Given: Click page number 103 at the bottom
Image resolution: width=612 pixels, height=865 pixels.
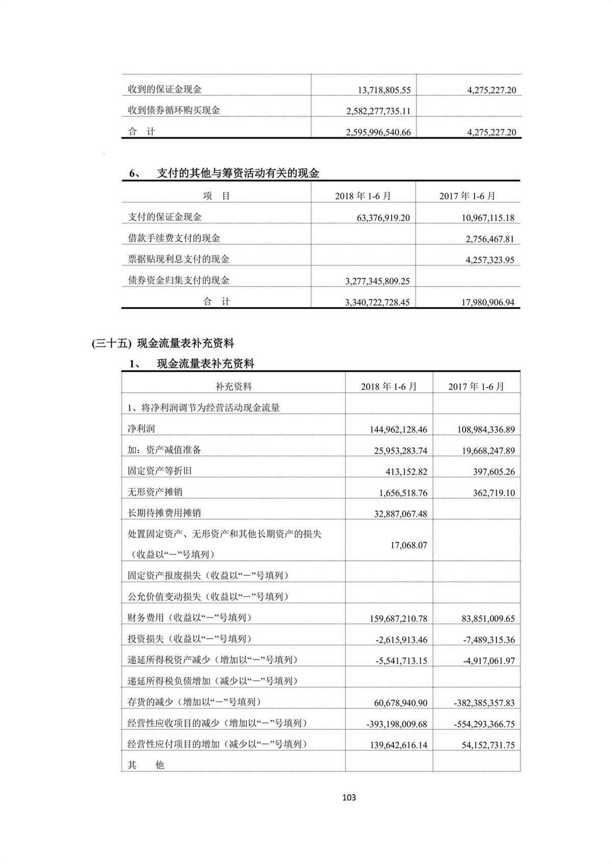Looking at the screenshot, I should (349, 797).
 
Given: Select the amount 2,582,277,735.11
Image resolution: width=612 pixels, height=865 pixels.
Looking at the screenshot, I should (378, 111).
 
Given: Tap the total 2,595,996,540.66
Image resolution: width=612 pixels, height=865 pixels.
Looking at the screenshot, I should (378, 133).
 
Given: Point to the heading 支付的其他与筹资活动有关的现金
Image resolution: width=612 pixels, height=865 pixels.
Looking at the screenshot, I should (238, 173).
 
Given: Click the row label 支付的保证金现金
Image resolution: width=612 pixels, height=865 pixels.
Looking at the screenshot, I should (165, 217).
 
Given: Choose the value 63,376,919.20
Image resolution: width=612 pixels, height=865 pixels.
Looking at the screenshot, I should (383, 218).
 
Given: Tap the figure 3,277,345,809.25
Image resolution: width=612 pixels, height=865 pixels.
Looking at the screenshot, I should (377, 282).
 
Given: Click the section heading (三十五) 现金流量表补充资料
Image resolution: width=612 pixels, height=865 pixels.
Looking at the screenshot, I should (163, 343).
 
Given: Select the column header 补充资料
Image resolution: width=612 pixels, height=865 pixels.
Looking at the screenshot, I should (234, 387).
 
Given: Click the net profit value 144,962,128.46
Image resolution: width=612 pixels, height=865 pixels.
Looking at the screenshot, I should (398, 429).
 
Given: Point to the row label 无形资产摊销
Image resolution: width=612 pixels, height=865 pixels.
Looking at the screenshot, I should (155, 492).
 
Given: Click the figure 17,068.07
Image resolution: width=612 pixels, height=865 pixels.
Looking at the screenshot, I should (409, 545).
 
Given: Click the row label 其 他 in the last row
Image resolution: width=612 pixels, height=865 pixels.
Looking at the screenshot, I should (146, 765).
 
